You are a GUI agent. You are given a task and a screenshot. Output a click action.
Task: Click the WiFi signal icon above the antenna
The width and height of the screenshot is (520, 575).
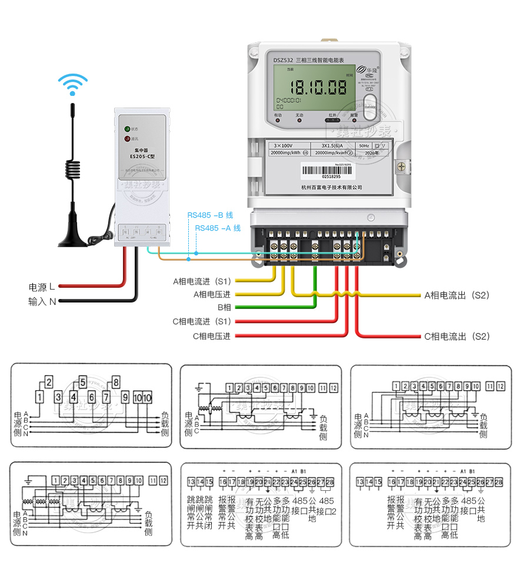click(73, 84)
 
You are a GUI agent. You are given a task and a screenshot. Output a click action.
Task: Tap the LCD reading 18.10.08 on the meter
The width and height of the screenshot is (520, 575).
click(320, 88)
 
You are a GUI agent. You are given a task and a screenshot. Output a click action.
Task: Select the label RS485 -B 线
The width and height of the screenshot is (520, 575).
click(210, 215)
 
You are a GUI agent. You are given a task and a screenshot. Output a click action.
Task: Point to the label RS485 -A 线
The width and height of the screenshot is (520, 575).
click(218, 228)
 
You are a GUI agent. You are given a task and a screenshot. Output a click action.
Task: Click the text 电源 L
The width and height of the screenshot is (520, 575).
click(42, 287)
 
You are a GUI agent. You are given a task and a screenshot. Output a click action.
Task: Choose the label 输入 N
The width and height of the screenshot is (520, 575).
click(42, 301)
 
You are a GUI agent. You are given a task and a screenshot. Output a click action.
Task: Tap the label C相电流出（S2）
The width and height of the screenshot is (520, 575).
click(457, 337)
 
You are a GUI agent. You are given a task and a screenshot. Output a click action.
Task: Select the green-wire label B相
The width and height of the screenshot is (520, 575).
click(224, 307)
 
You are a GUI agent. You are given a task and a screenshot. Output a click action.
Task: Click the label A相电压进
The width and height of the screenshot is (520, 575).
click(212, 294)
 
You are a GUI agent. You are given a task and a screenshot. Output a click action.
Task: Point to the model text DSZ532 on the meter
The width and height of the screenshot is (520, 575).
click(283, 60)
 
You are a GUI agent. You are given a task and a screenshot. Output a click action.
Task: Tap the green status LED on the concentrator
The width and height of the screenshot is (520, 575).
click(126, 128)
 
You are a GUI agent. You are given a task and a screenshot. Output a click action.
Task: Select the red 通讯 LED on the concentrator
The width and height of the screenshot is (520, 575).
click(126, 139)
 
